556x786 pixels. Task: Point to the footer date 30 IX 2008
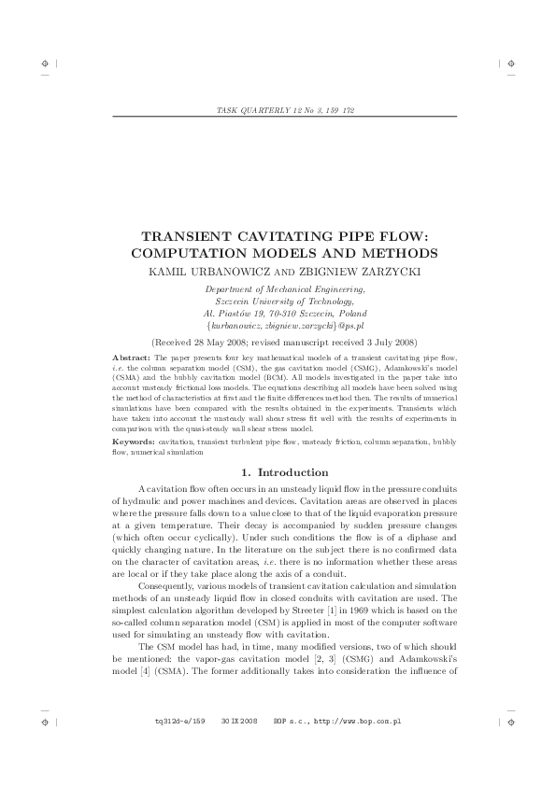pos(240,722)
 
